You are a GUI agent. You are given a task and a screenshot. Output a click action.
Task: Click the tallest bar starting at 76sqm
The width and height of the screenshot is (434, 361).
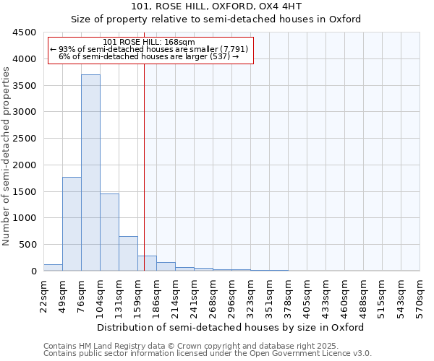point(90,173)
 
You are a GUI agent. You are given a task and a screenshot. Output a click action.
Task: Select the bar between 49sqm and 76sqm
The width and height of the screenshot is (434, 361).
point(72,224)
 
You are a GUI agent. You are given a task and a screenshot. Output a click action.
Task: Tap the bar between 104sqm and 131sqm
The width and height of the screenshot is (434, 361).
point(109,232)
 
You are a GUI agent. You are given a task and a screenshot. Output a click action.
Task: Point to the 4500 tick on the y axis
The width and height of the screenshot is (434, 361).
point(25,32)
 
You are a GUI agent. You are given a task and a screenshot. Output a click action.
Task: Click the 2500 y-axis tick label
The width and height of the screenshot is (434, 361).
point(25,139)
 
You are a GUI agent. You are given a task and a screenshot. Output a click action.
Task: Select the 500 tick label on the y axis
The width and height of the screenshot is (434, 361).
point(27,245)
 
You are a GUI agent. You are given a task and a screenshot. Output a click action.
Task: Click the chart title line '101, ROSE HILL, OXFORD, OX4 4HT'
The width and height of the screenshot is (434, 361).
point(216,6)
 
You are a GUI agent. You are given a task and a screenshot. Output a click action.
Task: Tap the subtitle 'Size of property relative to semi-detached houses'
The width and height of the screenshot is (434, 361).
point(216,19)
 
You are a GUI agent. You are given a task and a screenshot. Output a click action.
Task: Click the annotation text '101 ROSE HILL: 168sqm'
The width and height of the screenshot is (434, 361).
point(149,43)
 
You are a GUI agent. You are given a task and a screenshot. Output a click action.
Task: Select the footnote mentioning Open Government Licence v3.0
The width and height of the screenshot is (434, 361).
point(208,354)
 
